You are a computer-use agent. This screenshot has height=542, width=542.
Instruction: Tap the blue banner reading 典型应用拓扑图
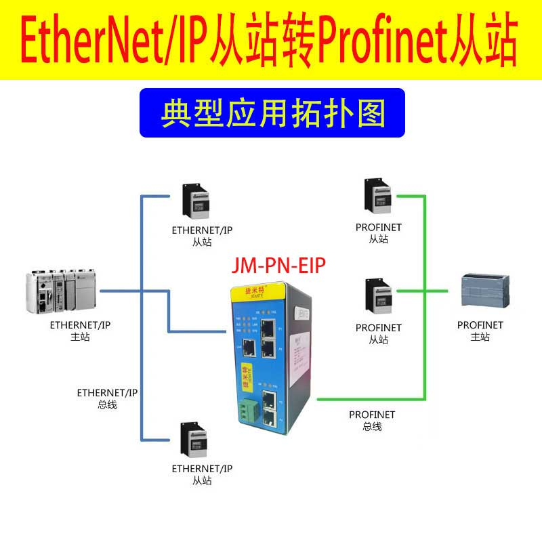272,112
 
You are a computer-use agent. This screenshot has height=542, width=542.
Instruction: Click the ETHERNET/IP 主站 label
80,331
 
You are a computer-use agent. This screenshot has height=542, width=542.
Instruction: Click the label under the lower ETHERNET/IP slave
202,474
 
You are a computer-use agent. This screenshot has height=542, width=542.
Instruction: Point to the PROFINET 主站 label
480,331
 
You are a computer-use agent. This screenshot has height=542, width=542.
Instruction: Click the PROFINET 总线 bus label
372,420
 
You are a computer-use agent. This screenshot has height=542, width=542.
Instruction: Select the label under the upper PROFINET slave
379,233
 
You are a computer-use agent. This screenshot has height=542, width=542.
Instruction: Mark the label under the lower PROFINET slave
379,333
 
